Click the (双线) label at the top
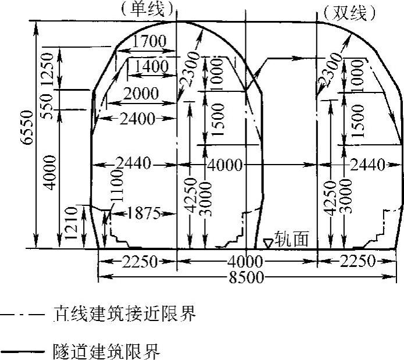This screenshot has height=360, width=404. (348, 12)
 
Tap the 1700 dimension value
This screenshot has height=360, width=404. (149, 42)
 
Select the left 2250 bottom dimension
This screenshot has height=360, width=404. (139, 262)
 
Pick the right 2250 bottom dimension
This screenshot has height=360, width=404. (357, 262)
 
